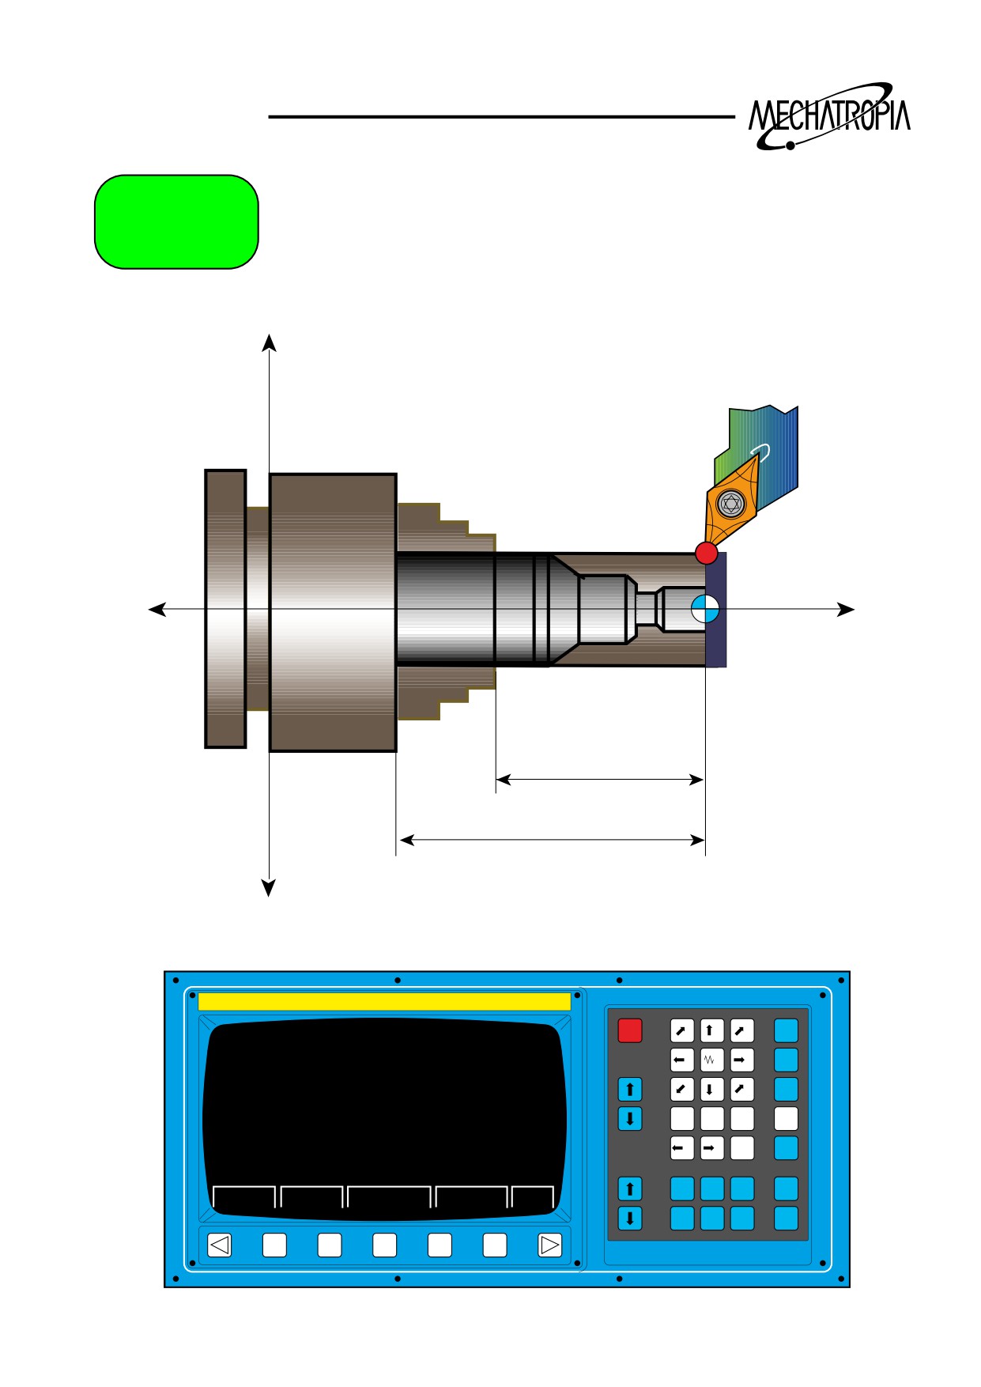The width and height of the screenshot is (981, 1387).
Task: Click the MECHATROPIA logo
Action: [829, 116]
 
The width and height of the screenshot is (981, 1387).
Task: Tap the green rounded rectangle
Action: [176, 222]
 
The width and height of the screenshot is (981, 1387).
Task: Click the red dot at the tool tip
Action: [706, 553]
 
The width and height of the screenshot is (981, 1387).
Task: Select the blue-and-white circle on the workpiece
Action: [705, 609]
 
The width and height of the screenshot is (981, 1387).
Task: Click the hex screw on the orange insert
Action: [731, 503]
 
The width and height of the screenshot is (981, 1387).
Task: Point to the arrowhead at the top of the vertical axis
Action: [270, 342]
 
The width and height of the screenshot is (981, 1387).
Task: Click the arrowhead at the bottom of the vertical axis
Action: [269, 888]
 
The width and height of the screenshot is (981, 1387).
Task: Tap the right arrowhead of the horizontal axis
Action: [846, 609]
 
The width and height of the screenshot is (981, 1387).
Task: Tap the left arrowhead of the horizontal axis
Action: [157, 609]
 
